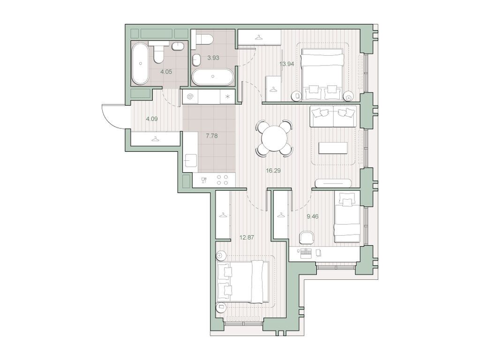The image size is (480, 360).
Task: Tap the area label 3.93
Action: [x=213, y=58]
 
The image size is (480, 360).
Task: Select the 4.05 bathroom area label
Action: [x=167, y=72]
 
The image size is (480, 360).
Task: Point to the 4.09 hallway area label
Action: [x=151, y=119]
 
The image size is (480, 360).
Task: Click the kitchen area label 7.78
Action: [x=212, y=136]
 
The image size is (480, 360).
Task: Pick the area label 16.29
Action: [x=273, y=171]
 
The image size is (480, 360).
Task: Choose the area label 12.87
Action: [x=247, y=237]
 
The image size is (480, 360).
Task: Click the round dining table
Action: [x=274, y=138]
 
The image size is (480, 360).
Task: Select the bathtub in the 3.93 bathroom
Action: [x=213, y=77]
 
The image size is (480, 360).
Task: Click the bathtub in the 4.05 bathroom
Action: [x=140, y=63]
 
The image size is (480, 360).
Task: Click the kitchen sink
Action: [x=190, y=159]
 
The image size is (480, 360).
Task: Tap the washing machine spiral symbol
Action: [x=190, y=97]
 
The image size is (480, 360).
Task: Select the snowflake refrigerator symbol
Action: [x=228, y=97]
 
